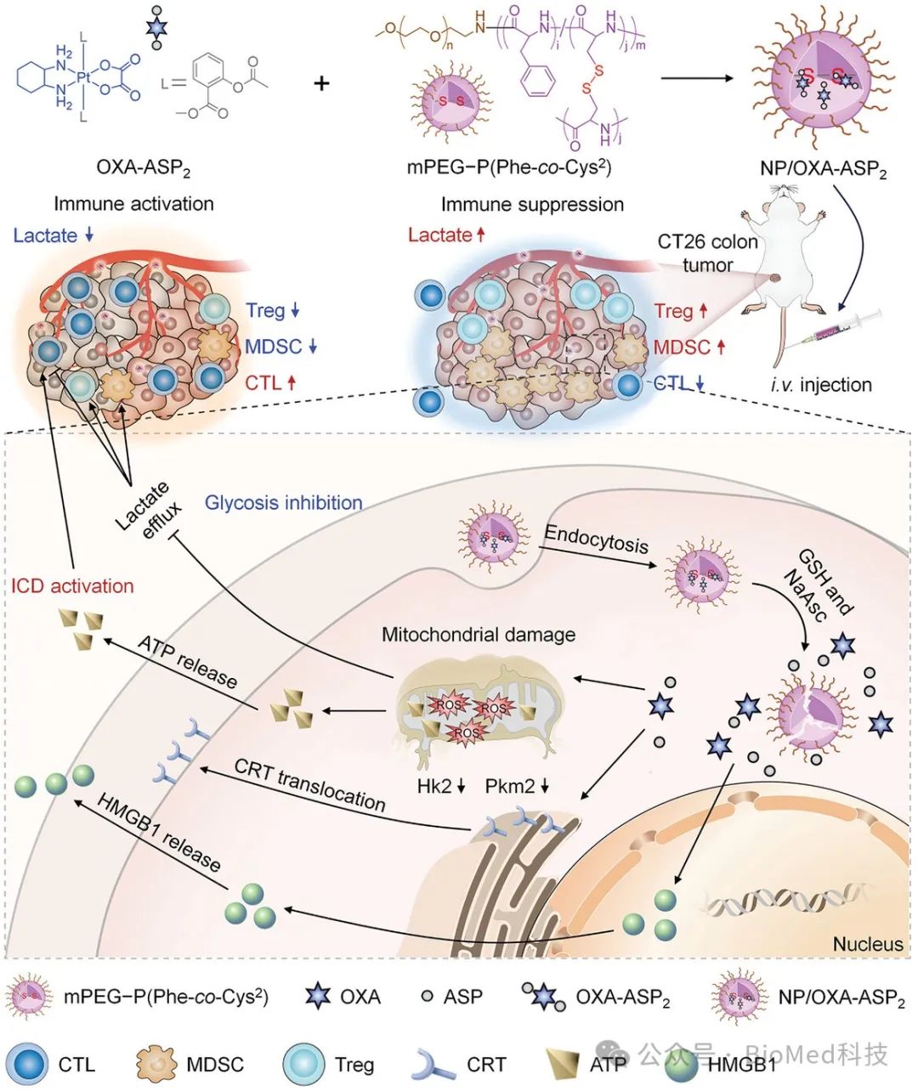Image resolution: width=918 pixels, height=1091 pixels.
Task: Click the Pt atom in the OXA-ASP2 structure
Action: (83, 77)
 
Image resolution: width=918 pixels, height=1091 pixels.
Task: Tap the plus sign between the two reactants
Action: (321, 83)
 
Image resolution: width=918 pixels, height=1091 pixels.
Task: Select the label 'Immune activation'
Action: (133, 204)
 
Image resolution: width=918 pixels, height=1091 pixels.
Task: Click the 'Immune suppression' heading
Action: (532, 205)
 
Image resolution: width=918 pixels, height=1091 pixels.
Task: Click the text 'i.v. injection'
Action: (821, 385)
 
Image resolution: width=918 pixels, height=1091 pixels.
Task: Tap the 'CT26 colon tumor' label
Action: (707, 253)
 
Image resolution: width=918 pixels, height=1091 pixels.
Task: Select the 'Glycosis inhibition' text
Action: (284, 503)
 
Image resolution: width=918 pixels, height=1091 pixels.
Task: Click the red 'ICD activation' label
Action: (72, 585)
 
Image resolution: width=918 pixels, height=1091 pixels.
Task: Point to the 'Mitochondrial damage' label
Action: (479, 635)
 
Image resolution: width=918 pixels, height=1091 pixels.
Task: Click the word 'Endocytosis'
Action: (596, 540)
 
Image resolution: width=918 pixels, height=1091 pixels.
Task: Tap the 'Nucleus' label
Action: (868, 944)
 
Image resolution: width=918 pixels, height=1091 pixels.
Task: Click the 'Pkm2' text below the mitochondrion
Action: (510, 786)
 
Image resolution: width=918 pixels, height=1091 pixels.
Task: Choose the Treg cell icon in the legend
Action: (303, 1064)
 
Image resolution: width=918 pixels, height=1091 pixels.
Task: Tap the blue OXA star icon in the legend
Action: (318, 996)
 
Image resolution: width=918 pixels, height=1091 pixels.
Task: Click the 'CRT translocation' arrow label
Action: (309, 784)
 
